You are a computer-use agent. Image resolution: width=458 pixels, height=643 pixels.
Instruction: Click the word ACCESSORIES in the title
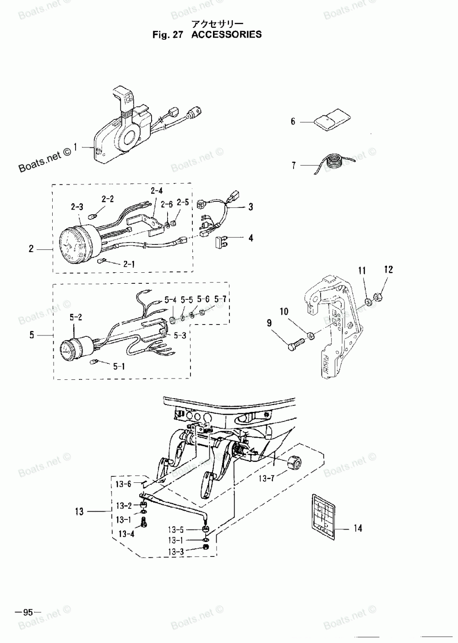tap(226, 34)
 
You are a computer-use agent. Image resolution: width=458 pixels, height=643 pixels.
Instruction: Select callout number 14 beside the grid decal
tap(357, 529)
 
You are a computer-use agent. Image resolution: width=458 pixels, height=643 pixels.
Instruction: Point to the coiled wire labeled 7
tap(334, 163)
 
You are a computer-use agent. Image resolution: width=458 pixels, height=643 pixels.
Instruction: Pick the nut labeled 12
tap(380, 297)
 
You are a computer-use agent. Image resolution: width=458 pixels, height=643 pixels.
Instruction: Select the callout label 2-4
tap(157, 190)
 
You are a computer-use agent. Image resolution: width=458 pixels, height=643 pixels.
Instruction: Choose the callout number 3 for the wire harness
tap(251, 207)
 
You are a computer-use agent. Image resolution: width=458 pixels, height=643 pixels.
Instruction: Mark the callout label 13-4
tap(126, 534)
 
